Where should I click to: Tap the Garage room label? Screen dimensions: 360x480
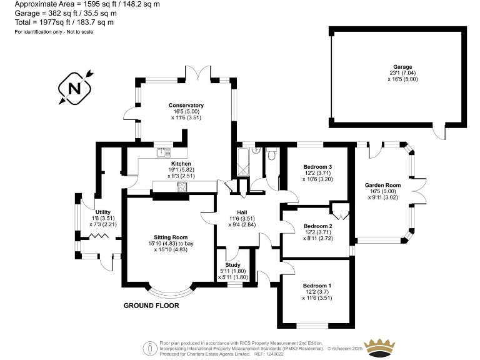tap(398, 67)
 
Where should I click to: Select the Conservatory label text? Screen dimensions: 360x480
tap(186, 105)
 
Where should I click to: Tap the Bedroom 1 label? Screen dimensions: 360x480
tap(317, 286)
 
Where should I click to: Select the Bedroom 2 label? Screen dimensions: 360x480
tap(317, 226)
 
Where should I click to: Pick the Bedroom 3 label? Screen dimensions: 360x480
tap(317, 167)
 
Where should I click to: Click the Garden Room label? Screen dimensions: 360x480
tap(382, 185)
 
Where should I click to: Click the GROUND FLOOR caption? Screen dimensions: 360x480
tap(151, 306)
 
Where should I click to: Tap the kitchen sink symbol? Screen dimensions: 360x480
tap(164, 151)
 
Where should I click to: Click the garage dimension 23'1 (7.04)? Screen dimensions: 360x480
tap(398, 73)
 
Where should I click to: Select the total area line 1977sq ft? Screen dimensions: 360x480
tap(64, 22)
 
